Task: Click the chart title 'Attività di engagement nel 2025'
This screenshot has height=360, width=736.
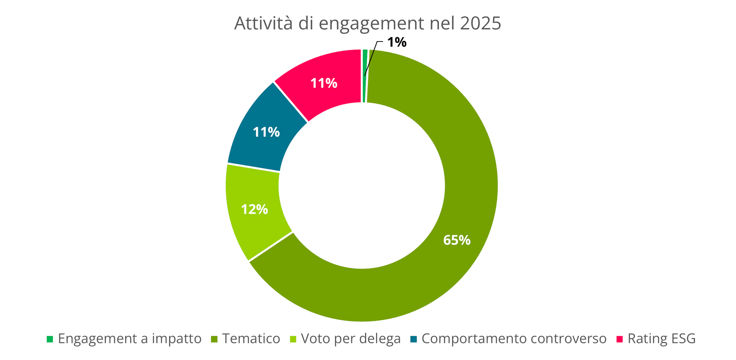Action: (367, 23)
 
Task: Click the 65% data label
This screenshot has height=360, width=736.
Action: (457, 240)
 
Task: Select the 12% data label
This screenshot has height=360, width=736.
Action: (254, 210)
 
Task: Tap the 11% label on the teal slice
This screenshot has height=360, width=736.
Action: (266, 132)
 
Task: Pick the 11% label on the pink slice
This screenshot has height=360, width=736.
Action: (324, 83)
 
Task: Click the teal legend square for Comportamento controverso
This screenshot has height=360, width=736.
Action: (413, 339)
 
